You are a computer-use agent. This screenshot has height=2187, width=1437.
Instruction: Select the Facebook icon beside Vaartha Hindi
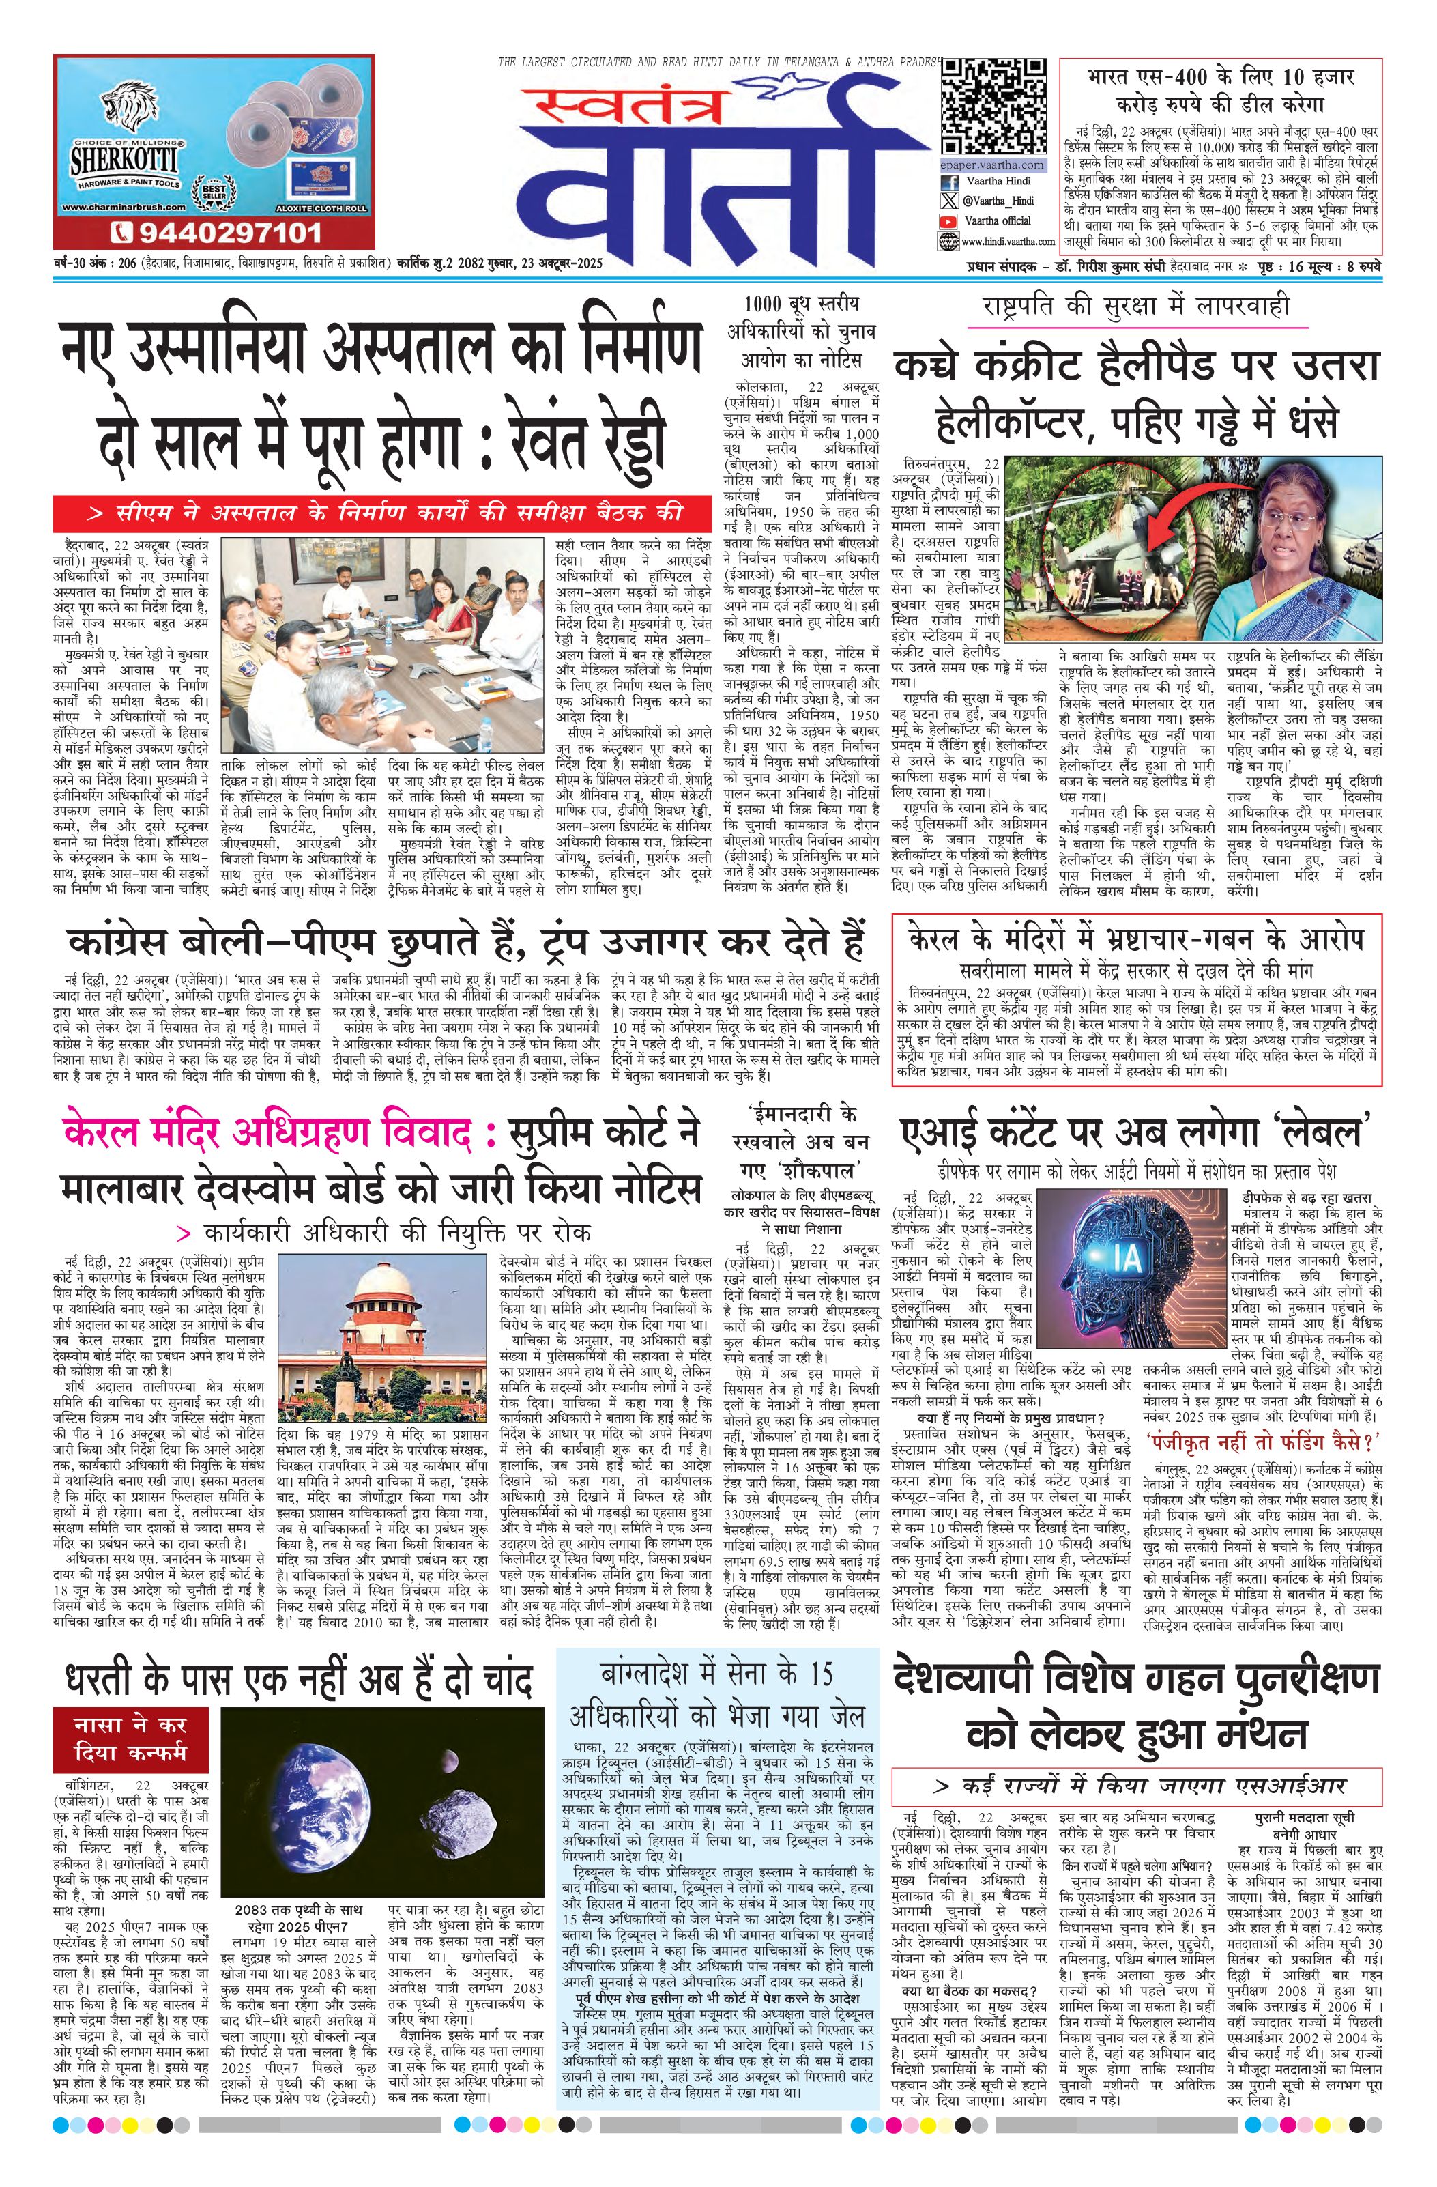pos(948,182)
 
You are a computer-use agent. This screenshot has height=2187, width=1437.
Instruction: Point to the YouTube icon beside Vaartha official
pos(948,221)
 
